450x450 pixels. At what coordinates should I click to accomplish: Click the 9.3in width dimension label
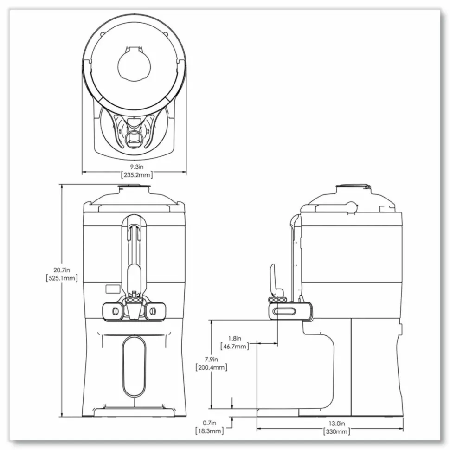pos(136,167)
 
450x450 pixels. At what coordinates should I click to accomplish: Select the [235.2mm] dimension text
pos(136,174)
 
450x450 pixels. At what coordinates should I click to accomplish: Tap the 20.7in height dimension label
pos(62,270)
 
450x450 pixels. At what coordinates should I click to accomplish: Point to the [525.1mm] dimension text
pos(62,278)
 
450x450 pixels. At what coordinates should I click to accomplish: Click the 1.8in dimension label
pos(234,338)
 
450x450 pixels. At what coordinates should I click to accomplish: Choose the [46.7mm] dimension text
pos(234,346)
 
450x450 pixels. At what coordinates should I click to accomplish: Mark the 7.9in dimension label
pos(211,360)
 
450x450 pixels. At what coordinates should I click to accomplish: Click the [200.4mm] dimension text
pos(211,367)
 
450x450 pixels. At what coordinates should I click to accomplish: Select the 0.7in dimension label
pos(209,423)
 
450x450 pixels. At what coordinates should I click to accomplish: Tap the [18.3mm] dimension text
pos(209,431)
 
